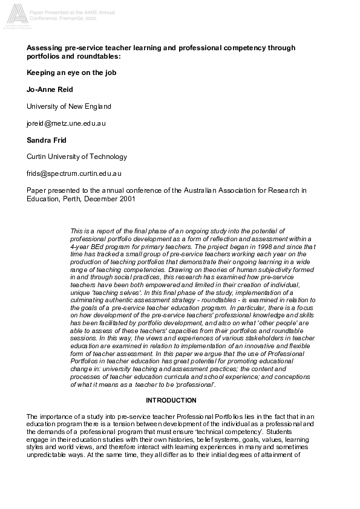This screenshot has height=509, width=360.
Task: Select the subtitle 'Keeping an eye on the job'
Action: click(71, 73)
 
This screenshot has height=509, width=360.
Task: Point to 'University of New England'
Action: click(69, 106)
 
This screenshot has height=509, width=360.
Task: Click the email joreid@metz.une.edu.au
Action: click(67, 123)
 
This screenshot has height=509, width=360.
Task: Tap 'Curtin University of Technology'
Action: click(77, 157)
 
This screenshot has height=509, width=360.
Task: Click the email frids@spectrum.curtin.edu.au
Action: click(75, 173)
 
